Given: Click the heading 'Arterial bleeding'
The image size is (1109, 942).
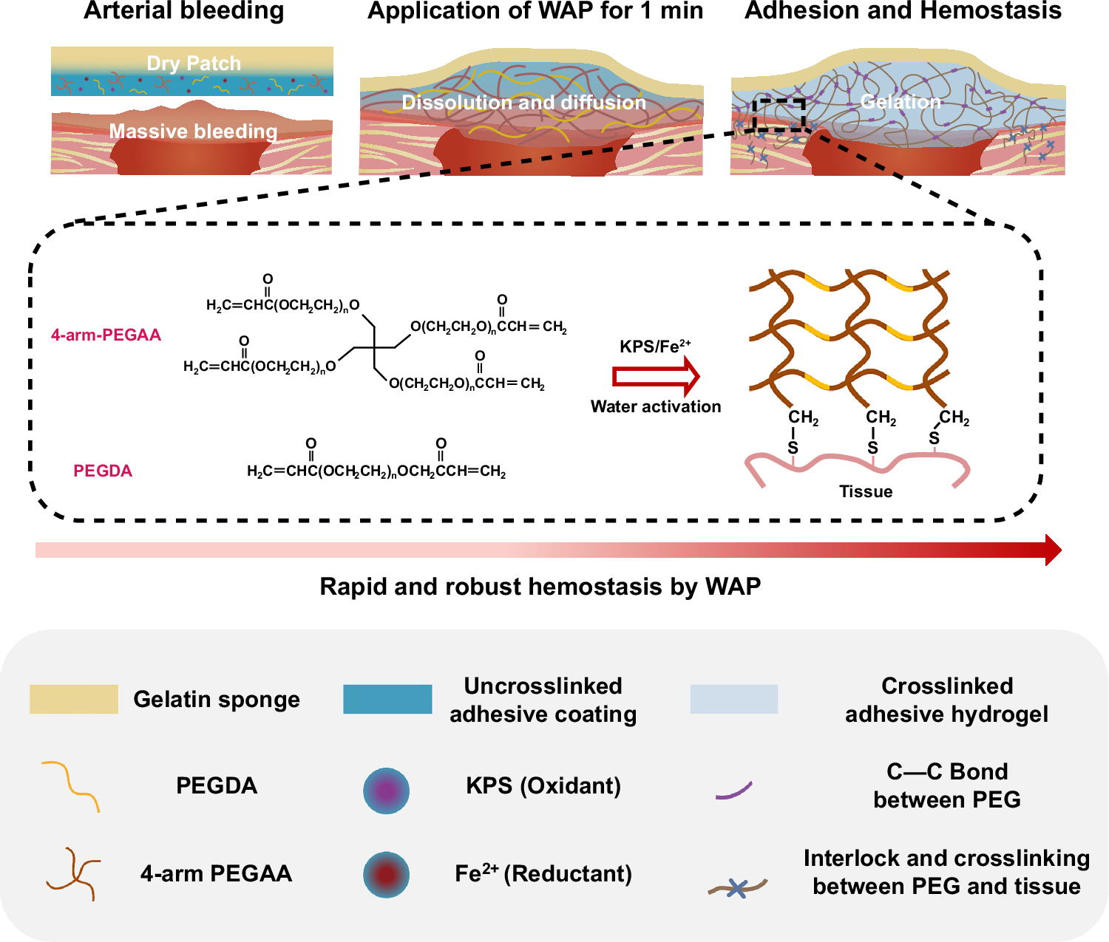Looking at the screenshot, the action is pyautogui.click(x=183, y=11).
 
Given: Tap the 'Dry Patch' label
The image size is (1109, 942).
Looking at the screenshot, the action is pyautogui.click(x=194, y=64).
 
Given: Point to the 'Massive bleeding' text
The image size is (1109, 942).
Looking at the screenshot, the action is pyautogui.click(x=193, y=132).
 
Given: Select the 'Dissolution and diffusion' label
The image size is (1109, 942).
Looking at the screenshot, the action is pyautogui.click(x=523, y=103).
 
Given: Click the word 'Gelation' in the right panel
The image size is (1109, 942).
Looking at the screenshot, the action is pyautogui.click(x=901, y=102).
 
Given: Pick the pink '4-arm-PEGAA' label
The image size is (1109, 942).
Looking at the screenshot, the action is pyautogui.click(x=106, y=335).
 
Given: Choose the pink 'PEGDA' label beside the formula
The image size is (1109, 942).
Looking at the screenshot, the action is pyautogui.click(x=103, y=471).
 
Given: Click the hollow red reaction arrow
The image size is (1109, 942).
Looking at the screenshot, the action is pyautogui.click(x=656, y=376).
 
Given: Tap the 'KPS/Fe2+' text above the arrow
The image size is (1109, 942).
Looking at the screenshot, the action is pyautogui.click(x=655, y=346).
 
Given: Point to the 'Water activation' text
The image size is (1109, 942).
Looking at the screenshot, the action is pyautogui.click(x=656, y=406).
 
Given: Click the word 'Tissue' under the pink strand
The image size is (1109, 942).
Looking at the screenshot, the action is pyautogui.click(x=866, y=491).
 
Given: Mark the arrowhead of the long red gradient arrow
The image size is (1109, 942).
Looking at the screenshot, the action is pyautogui.click(x=1054, y=550).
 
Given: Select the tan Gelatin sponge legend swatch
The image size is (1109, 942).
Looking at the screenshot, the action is pyautogui.click(x=73, y=699).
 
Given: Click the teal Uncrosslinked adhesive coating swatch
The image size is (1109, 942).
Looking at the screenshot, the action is pyautogui.click(x=387, y=699).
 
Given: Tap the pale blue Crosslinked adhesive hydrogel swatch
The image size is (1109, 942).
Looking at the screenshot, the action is pyautogui.click(x=733, y=699).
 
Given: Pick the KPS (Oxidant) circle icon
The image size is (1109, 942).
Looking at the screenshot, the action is pyautogui.click(x=386, y=791).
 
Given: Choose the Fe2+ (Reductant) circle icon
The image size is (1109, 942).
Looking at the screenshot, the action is pyautogui.click(x=386, y=875).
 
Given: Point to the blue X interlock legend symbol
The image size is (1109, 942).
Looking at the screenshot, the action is pyautogui.click(x=737, y=888).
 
